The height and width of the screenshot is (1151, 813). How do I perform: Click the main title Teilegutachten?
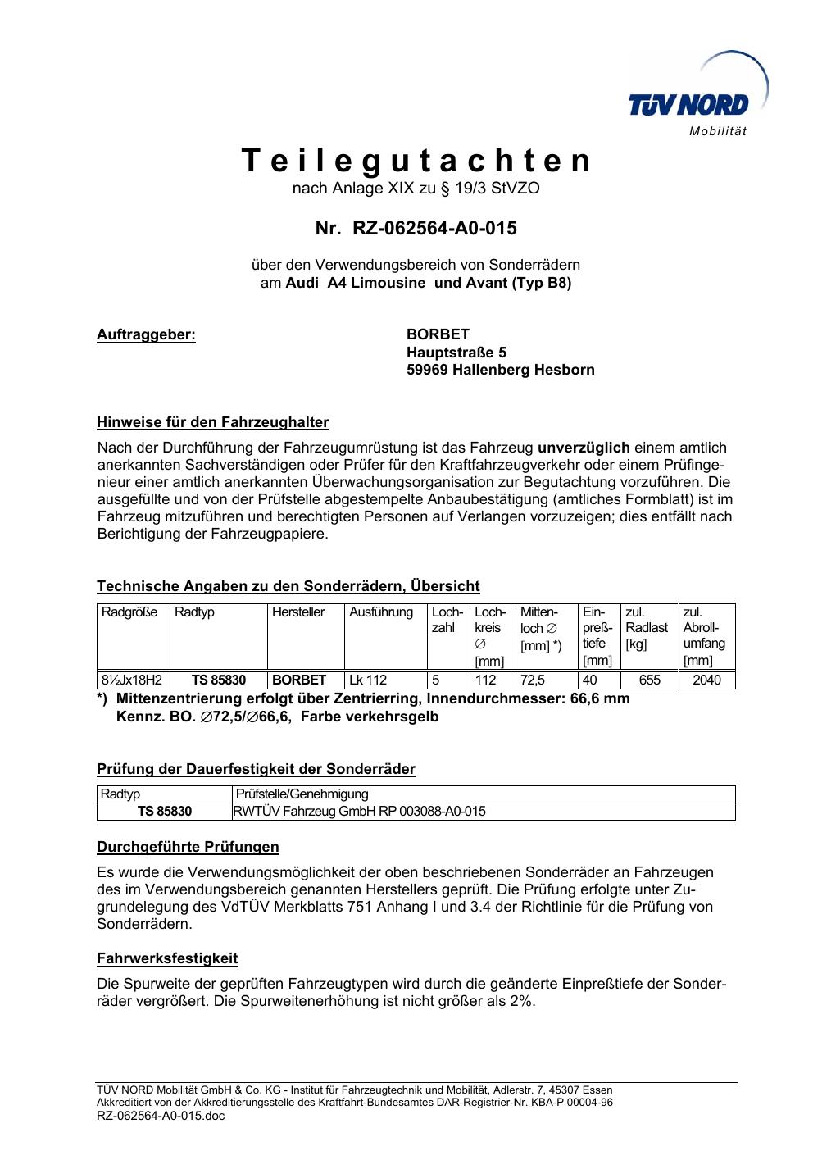(416, 162)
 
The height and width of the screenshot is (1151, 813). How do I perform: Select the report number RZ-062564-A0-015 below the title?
(416, 228)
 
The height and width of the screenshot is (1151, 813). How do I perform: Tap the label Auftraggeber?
(146, 334)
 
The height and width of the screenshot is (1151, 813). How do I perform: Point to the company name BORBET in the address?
(438, 334)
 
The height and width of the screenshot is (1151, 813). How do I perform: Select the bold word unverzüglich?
(584, 448)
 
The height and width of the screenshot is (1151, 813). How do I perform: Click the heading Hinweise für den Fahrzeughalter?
(212, 423)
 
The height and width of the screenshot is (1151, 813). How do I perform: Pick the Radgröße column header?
(129, 612)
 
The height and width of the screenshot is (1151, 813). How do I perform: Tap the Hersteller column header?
(298, 612)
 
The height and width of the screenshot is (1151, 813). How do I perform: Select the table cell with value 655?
(649, 680)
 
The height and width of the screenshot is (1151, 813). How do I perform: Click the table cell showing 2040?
(706, 680)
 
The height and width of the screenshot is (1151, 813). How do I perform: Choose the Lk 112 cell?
(368, 680)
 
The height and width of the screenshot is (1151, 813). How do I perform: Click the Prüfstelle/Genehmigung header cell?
(302, 794)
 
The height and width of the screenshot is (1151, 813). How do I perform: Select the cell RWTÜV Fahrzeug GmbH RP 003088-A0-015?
(360, 812)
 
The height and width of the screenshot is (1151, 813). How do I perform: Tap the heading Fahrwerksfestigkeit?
(167, 958)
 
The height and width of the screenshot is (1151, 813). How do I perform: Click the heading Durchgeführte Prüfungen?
(188, 847)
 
